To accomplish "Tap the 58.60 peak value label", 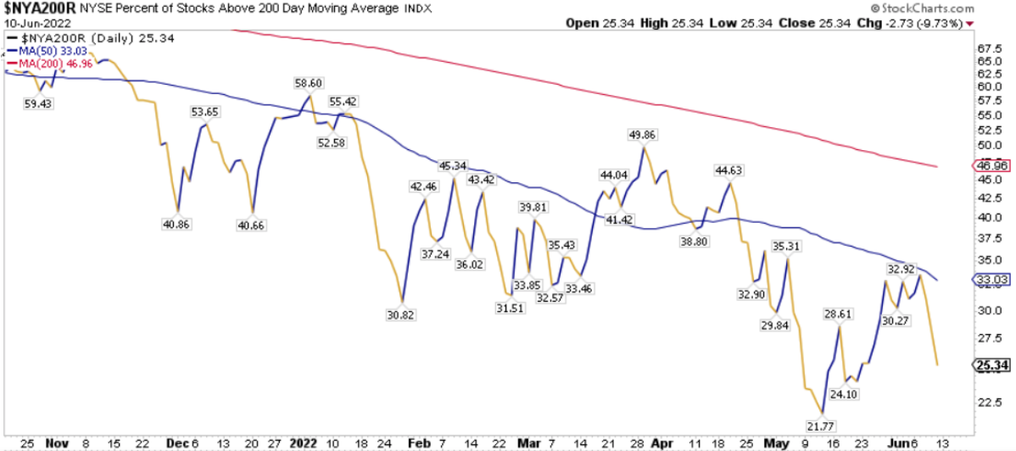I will [308, 84].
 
